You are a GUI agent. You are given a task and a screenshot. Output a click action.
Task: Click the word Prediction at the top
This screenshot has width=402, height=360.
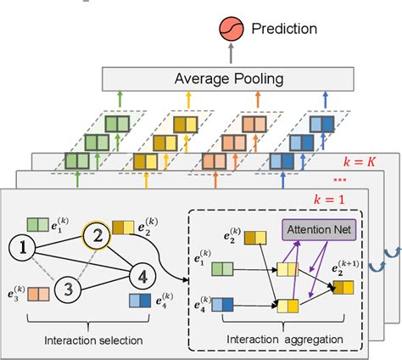point(283,29)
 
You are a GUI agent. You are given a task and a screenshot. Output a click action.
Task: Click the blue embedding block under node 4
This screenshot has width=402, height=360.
point(140,301)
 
